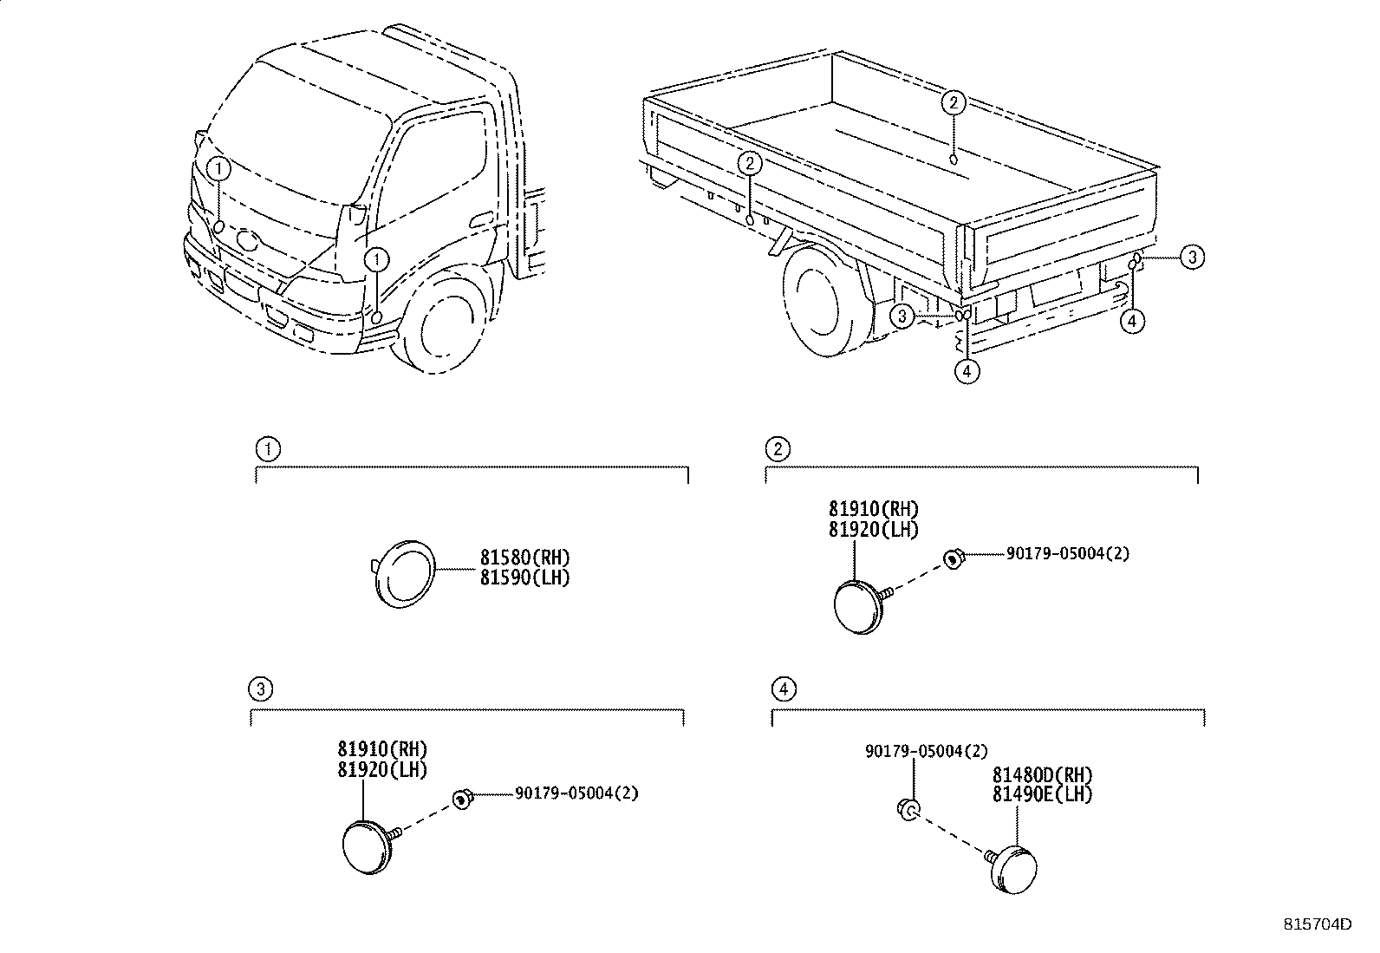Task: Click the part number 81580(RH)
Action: coord(525,558)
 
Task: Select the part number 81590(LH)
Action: coord(525,578)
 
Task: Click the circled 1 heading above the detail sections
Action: coord(269,448)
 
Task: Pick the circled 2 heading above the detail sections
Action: coord(778,448)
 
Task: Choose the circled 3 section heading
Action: coord(261,689)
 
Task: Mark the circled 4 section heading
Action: coord(783,689)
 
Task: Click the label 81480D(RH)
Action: coord(1042,774)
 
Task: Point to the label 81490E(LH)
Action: coord(1042,794)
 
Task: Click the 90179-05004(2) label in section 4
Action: coord(926,752)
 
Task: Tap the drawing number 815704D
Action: coord(1317,924)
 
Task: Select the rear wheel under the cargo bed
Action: coord(819,300)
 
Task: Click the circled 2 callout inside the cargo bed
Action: coord(953,103)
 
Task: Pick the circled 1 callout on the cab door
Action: coord(377,258)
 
